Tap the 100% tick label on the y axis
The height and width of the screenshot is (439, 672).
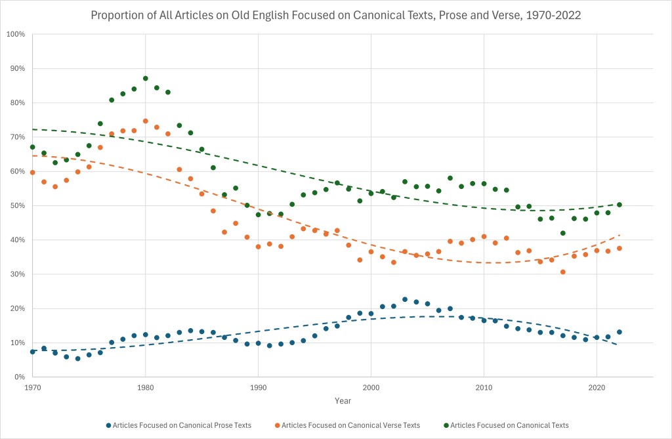coord(16,34)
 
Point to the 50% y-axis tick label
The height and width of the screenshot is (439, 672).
coord(17,205)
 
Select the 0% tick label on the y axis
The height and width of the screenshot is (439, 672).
coord(20,377)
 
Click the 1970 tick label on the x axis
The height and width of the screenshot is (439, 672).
coord(32,388)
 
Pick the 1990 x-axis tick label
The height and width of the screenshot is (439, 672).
coord(258,388)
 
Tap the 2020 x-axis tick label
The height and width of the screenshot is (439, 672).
coord(597,388)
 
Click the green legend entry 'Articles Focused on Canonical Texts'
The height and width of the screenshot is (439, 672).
coord(506,425)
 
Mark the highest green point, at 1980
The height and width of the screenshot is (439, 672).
coord(146,78)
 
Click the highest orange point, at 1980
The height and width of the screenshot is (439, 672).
coord(146,121)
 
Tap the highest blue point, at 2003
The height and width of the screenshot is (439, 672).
coord(405,299)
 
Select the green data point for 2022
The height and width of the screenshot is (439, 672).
coord(619,205)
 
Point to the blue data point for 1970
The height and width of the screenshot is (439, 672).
coord(32,352)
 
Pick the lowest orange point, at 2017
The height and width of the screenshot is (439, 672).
coord(563,272)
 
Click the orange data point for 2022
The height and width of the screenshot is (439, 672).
coord(619,248)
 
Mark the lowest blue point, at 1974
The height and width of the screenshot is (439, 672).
coord(77,358)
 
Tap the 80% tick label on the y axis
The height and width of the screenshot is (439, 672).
coord(17,103)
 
